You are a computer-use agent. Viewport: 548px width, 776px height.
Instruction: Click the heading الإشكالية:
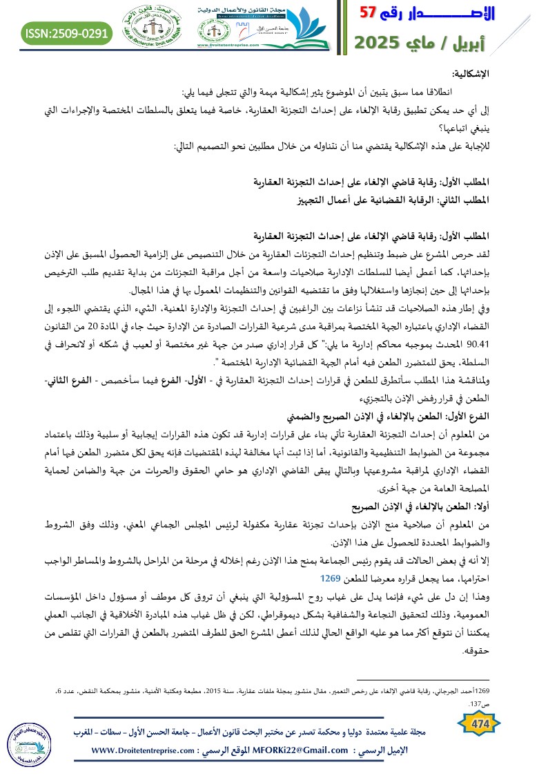coord(470,73)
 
